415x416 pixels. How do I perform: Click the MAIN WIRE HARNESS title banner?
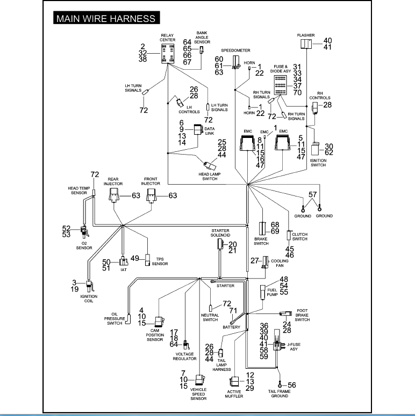(x=106, y=18)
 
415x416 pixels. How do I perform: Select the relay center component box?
(x=168, y=54)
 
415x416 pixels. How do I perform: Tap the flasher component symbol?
(x=306, y=44)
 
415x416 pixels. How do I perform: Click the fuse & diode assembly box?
(x=280, y=85)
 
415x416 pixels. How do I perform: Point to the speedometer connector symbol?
(x=236, y=63)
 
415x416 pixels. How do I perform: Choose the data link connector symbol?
(x=198, y=129)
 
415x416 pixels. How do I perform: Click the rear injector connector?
(x=114, y=195)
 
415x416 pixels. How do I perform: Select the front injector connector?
(x=152, y=195)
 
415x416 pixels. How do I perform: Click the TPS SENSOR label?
(x=160, y=261)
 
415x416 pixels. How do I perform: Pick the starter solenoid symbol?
(x=220, y=244)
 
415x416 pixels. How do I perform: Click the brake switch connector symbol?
(x=262, y=229)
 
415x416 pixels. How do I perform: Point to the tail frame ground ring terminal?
(x=280, y=384)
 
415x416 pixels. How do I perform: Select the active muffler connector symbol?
(x=234, y=382)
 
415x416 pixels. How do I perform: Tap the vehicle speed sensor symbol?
(x=199, y=380)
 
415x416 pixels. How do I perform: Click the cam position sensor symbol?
(x=160, y=322)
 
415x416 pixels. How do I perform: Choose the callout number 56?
(x=292, y=385)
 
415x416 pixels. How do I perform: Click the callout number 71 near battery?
(x=233, y=310)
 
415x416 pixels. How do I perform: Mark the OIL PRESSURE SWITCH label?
(x=115, y=319)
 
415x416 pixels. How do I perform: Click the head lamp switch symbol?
(x=210, y=165)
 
